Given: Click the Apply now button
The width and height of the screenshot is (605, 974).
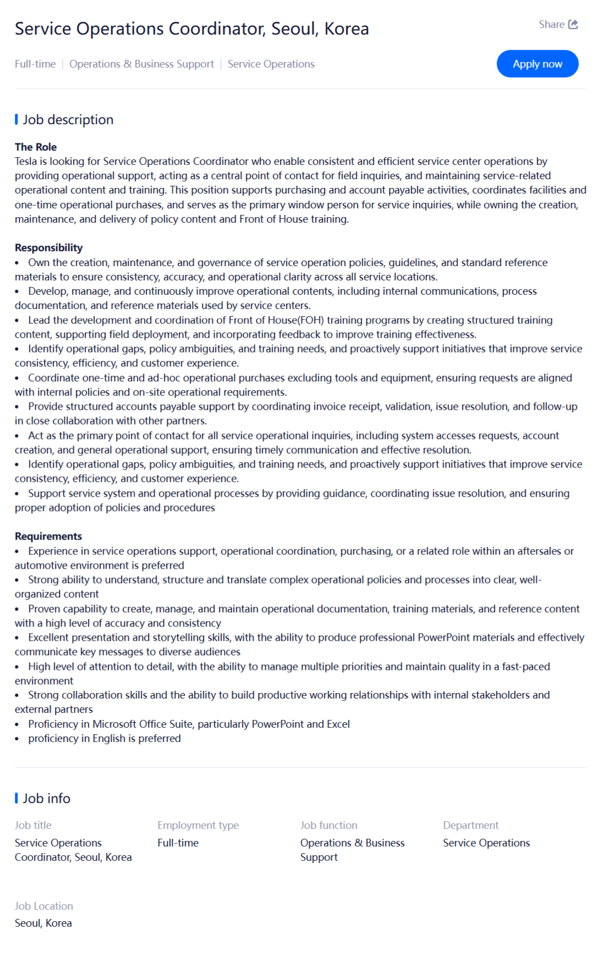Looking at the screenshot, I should (537, 64).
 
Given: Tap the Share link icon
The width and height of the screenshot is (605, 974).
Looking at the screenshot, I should (573, 24).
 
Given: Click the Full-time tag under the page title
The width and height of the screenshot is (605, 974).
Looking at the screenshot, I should (35, 64).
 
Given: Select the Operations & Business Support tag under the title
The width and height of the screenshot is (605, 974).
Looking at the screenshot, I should (141, 64).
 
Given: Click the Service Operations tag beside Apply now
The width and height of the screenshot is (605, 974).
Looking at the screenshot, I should (271, 64).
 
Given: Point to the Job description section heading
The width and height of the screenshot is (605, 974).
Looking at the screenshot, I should (68, 120).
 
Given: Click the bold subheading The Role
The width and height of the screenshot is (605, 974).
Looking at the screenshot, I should (36, 147).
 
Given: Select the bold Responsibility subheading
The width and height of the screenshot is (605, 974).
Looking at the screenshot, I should (48, 247).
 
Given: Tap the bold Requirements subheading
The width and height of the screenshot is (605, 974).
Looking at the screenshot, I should (48, 536).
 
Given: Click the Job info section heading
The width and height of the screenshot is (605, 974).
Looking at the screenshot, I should (46, 799).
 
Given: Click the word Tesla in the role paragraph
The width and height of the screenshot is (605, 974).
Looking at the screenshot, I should (26, 161).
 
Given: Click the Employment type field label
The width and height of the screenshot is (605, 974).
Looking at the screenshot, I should (198, 825).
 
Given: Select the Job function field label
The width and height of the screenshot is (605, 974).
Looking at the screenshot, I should (328, 825).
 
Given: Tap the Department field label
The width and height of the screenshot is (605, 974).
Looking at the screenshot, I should (471, 825).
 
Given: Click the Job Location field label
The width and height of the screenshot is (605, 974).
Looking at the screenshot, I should (43, 906).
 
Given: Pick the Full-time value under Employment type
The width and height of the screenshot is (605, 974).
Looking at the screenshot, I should (178, 843).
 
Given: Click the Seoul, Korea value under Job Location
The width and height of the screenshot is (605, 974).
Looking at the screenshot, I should (43, 923).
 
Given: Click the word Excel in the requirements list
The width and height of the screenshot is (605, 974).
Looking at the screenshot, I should (338, 724).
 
